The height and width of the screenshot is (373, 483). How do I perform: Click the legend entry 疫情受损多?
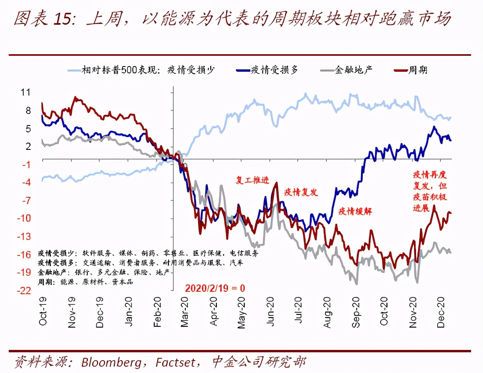click(274, 70)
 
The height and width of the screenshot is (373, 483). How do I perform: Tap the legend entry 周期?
click(418, 70)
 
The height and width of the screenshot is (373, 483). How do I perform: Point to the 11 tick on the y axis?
click(26, 92)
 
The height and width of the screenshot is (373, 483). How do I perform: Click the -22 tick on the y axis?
click(24, 291)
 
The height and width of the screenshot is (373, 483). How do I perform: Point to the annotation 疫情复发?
click(301, 192)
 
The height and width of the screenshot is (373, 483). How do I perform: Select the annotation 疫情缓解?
click(355, 211)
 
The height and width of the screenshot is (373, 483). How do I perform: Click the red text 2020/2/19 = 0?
click(215, 288)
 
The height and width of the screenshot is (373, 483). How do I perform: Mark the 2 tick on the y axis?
click(28, 146)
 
